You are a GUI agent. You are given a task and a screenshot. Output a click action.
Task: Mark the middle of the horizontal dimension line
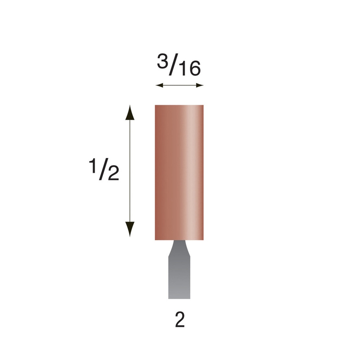179,85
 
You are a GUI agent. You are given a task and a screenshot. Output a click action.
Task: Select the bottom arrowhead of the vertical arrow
130,229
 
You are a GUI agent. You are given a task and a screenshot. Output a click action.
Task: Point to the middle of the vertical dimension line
130,171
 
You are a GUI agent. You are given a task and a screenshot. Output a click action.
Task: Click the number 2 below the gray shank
180,320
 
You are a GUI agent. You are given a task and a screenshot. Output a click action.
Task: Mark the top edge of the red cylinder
179,105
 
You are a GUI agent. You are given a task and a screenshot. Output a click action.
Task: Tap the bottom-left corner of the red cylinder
156,239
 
